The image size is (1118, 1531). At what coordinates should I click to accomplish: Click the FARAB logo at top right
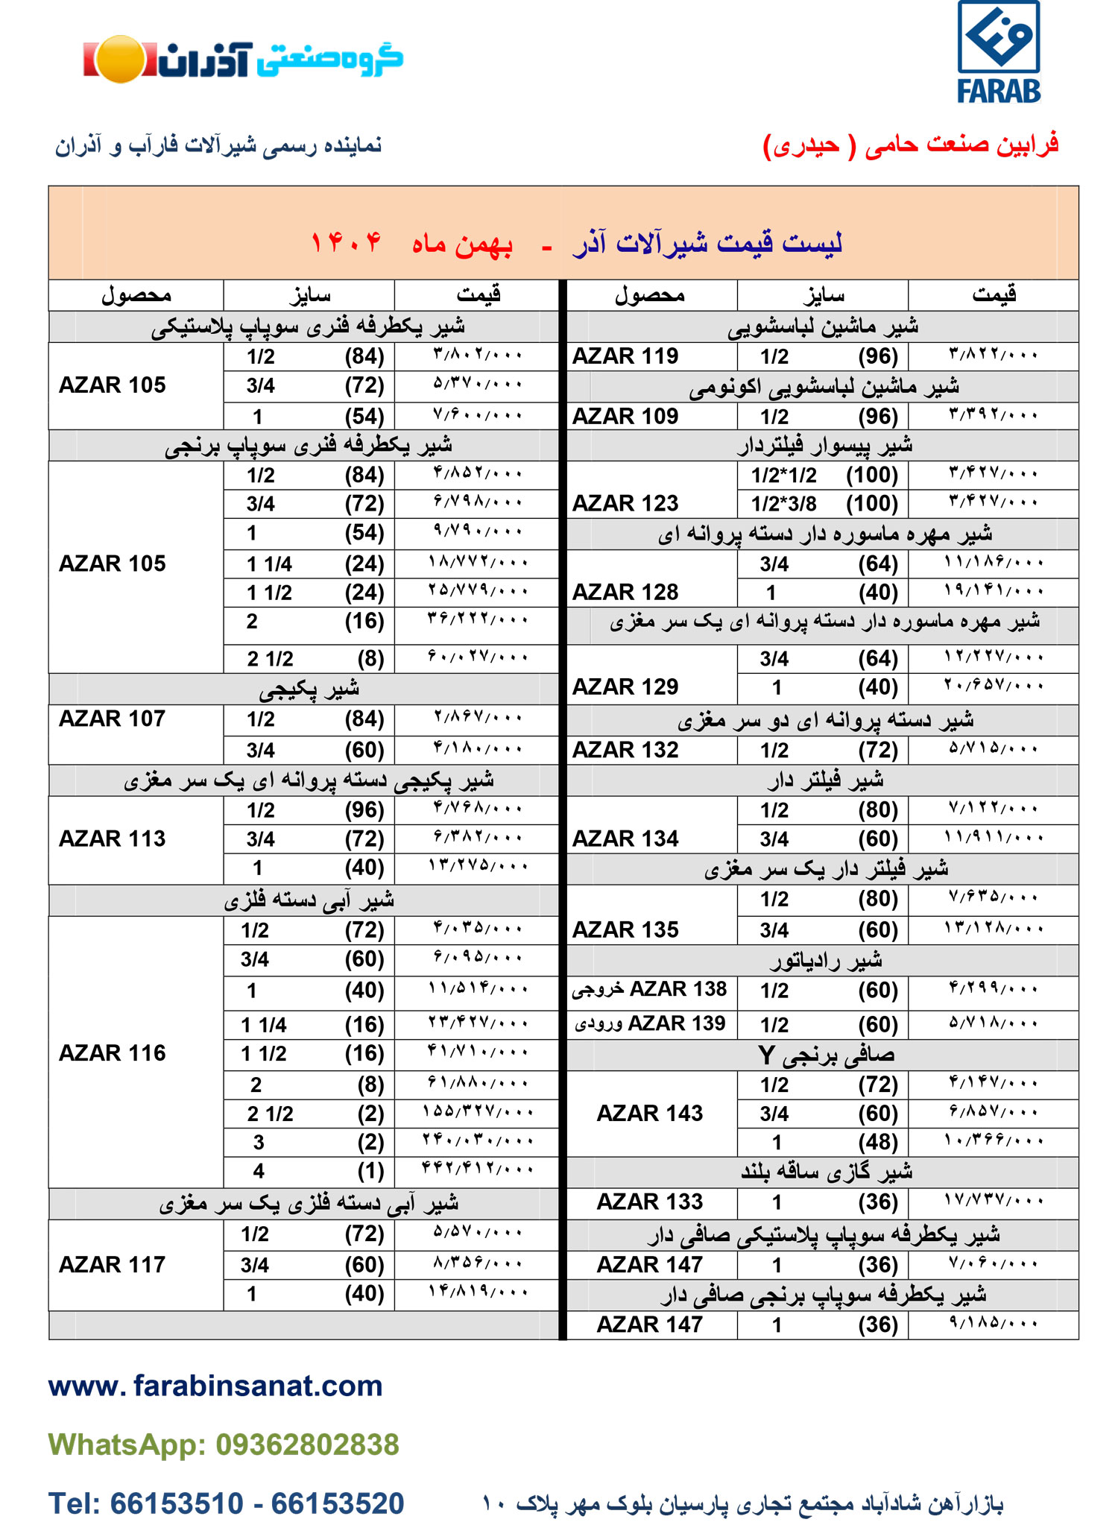(x=998, y=52)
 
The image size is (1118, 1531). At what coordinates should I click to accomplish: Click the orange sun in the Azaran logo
(x=120, y=59)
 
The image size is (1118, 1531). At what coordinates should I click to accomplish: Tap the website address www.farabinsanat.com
(x=215, y=1386)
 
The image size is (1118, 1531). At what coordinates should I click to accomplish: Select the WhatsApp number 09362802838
(x=307, y=1445)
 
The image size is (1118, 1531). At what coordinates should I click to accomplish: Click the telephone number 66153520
(x=337, y=1503)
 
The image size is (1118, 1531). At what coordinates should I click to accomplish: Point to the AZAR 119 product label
(x=625, y=356)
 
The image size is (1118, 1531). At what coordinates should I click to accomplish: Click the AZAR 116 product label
(x=113, y=1052)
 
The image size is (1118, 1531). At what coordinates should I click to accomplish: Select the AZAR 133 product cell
(x=650, y=1202)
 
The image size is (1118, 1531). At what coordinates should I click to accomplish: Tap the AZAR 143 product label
(x=650, y=1113)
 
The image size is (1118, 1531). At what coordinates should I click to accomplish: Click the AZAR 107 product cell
(x=113, y=719)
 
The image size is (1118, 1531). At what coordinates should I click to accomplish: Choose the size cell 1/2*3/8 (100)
(x=824, y=504)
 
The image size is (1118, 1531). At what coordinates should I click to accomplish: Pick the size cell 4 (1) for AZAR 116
(x=309, y=1171)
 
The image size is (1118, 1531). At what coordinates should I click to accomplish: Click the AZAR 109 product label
(x=625, y=416)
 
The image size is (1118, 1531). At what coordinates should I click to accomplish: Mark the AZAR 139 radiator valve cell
(x=650, y=1023)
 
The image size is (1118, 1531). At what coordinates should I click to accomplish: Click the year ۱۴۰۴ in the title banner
(x=346, y=242)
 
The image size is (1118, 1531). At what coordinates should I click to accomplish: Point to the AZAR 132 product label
(x=625, y=750)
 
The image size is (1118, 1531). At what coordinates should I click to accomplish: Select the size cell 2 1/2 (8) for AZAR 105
(x=309, y=659)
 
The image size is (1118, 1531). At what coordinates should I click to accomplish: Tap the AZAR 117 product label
(x=113, y=1264)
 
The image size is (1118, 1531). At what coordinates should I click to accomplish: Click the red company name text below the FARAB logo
(x=911, y=145)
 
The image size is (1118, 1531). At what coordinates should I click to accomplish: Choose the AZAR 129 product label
(x=625, y=686)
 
